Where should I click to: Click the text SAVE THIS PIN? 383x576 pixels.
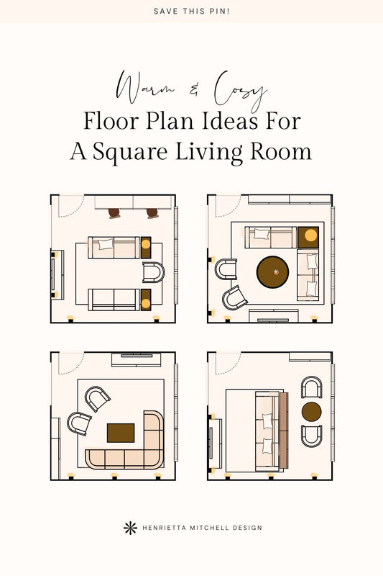191,12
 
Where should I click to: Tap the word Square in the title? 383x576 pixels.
130,151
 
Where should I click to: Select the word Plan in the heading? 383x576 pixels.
171,121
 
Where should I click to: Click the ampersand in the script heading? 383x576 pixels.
194,89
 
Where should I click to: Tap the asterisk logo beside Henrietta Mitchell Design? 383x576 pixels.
130,528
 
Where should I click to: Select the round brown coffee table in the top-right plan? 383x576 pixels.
272,272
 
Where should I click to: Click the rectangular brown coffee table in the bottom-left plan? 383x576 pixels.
121,433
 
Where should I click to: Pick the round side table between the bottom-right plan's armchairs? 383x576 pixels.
312,411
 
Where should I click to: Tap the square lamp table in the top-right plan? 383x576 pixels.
308,238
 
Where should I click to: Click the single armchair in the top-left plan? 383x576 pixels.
154,272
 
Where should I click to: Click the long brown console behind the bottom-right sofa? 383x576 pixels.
284,430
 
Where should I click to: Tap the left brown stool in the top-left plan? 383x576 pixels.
114,213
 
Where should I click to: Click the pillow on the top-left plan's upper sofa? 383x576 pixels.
106,244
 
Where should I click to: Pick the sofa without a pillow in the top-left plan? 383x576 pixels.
114,300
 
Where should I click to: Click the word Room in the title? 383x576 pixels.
280,151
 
